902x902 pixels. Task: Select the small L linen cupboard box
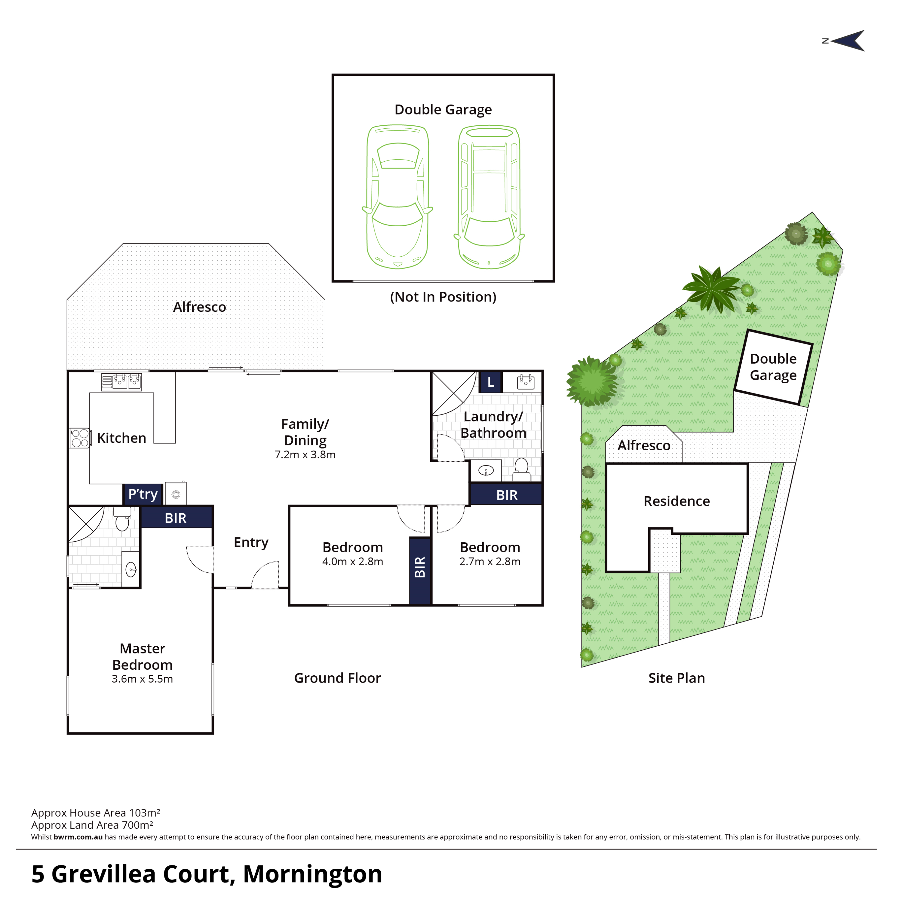click(x=490, y=382)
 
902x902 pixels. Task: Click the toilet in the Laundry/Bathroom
click(x=521, y=469)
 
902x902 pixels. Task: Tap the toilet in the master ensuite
click(x=122, y=519)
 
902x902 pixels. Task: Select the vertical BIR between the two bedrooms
click(x=420, y=571)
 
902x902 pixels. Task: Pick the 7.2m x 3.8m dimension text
click(x=305, y=455)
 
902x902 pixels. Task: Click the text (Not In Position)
click(x=443, y=297)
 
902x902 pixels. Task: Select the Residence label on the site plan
click(x=677, y=501)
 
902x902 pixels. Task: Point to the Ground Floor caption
click(x=338, y=678)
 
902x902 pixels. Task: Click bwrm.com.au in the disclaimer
click(x=78, y=837)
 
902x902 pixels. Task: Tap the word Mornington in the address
click(x=312, y=874)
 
